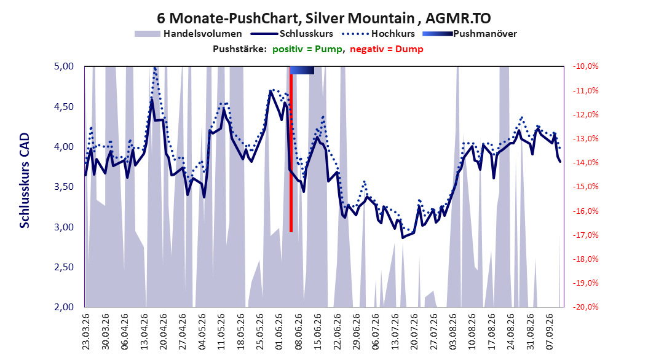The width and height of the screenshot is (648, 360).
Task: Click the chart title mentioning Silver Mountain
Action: pos(323,18)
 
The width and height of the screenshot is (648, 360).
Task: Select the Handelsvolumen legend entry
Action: pos(188,34)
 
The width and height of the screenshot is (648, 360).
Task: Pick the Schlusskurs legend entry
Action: pos(292,34)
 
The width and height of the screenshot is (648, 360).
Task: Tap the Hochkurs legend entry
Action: pos(377,34)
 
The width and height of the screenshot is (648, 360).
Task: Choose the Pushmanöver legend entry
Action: pos(470,34)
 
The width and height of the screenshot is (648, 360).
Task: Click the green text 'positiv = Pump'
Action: pos(307,49)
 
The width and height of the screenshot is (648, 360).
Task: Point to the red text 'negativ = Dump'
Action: pos(387,49)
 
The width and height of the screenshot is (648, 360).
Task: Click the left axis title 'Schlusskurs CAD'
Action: pos(25,180)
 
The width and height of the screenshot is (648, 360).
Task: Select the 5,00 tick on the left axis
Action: pos(64,66)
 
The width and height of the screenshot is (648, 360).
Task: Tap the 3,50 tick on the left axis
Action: pos(64,187)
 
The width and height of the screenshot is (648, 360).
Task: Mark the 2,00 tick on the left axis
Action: pos(64,307)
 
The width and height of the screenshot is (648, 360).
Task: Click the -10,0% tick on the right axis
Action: pos(585,66)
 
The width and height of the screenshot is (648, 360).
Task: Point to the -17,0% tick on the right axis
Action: pos(585,235)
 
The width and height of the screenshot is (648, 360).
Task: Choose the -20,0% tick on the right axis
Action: pos(585,307)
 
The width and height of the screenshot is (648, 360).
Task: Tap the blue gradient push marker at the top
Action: pos(302,70)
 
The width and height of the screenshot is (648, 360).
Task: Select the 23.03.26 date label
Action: pos(86,332)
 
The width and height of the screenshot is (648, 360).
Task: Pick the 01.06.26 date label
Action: pos(279,332)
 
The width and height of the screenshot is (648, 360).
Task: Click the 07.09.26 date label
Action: pos(550,332)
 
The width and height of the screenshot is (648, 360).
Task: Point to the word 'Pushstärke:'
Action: pos(240,49)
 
